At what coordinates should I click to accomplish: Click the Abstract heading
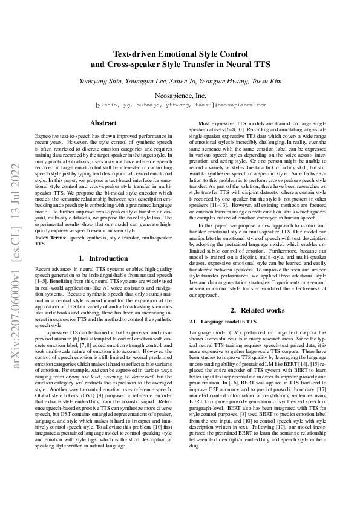[x=103, y=123]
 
